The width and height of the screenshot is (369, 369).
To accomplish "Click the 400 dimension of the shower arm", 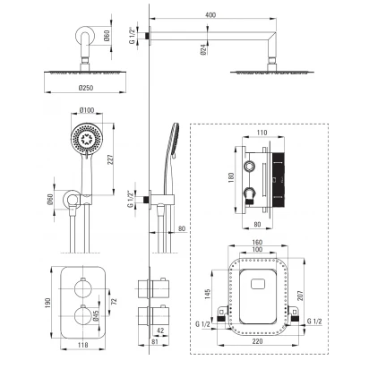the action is click(210, 15).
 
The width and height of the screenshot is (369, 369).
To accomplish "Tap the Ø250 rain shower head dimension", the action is click(86, 88).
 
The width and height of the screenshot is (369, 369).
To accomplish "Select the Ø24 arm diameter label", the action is click(203, 49).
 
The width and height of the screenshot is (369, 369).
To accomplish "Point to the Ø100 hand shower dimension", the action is click(87, 110).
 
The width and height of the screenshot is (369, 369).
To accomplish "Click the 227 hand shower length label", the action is click(110, 160).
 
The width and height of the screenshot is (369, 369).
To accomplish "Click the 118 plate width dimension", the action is click(82, 345).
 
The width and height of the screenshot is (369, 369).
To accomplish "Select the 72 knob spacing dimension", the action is click(114, 301).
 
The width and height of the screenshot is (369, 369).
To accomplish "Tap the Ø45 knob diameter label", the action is click(96, 315).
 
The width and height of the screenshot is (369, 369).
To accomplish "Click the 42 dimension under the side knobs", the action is click(160, 330).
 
